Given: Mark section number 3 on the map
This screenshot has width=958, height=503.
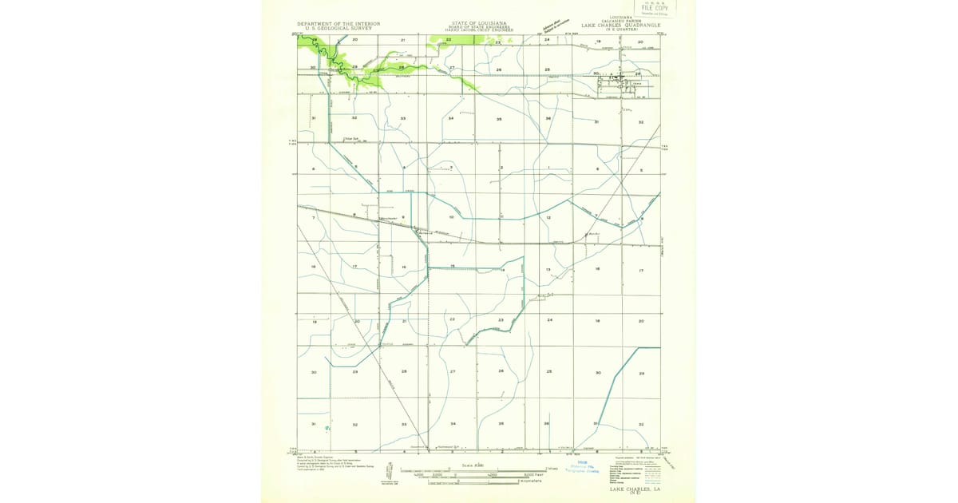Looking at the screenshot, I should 451,167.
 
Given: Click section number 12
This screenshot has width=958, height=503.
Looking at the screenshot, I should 548,217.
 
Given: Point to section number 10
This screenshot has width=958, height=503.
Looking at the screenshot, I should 451,217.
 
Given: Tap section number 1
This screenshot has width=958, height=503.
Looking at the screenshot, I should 548,167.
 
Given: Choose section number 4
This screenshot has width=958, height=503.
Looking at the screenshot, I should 404,167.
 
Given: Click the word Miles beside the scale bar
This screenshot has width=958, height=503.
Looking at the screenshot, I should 552,469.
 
